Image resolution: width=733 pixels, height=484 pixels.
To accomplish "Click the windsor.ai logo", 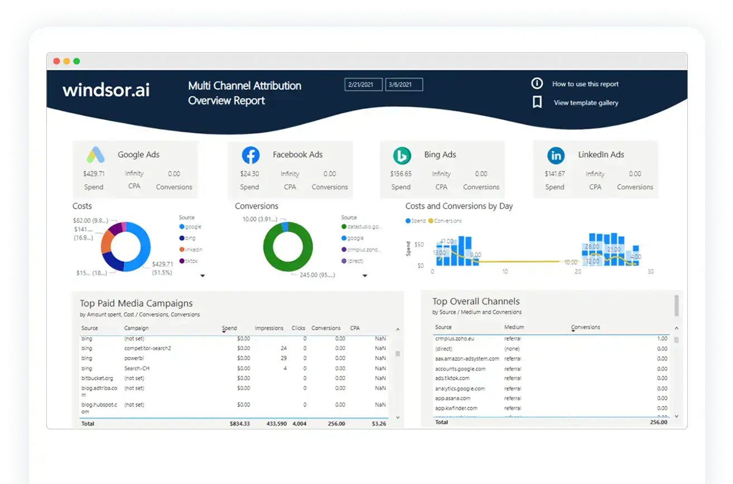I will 106,90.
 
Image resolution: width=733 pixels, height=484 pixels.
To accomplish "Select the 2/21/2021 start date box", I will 363,85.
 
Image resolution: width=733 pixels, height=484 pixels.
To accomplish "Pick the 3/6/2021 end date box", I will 404,85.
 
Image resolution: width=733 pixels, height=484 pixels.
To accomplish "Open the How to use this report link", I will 585,84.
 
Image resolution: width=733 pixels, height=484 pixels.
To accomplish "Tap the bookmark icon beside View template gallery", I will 537,103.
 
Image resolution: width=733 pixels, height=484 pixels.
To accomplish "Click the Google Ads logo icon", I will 96,154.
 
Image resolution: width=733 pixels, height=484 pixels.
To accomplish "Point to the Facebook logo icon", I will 250,155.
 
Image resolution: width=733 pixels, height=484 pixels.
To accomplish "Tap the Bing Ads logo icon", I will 402,155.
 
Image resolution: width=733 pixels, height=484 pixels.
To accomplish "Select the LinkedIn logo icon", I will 556,155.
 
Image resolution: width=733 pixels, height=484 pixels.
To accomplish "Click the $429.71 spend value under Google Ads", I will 94,174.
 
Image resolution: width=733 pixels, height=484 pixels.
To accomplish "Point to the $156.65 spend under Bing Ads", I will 401,174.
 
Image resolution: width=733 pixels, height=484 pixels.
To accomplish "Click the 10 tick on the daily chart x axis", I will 505,272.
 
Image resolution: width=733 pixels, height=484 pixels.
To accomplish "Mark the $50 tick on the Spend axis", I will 419,245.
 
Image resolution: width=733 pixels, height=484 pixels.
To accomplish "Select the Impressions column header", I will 269,328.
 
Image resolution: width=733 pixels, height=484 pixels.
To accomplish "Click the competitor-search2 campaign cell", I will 147,349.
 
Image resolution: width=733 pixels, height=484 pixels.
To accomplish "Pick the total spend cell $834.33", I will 239,424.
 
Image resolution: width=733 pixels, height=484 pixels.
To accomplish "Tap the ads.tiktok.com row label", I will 452,379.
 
